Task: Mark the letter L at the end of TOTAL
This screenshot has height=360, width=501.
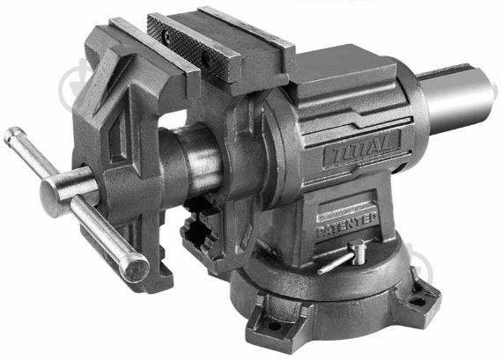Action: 389,138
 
